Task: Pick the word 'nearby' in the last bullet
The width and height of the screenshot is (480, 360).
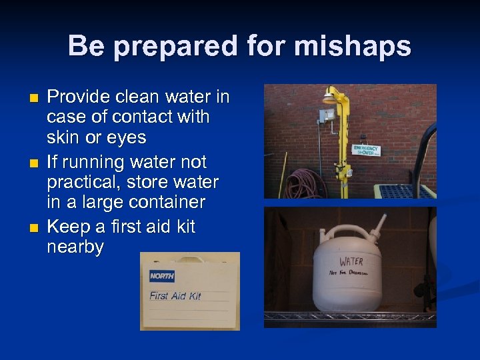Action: tap(75, 247)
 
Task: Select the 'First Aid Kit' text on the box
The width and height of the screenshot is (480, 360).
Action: tap(175, 295)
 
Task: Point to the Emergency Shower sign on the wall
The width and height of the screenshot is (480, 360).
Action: tap(365, 150)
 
